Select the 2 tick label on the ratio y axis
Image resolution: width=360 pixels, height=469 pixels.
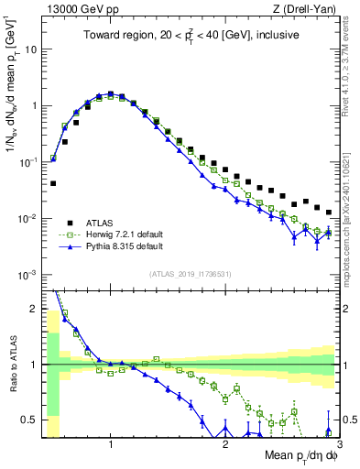click(34, 308)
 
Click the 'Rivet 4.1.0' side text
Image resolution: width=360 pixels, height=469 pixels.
click(352, 69)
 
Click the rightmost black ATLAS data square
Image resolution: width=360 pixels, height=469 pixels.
click(329, 212)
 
